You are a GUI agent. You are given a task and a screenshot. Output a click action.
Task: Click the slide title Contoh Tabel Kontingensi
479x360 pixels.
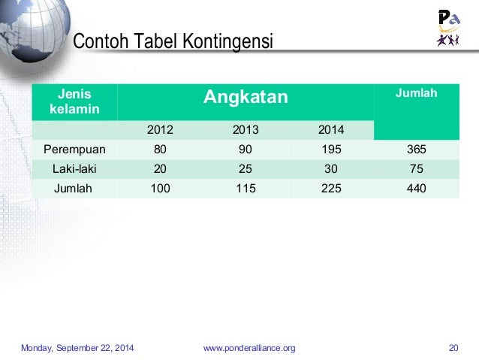point(172,41)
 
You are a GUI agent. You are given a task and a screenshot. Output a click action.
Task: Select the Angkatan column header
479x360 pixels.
point(247,97)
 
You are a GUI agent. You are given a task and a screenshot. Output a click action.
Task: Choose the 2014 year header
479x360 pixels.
point(330,130)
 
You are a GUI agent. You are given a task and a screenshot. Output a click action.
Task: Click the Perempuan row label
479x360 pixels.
point(74,149)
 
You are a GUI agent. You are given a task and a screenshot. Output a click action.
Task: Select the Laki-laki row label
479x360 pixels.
point(74,169)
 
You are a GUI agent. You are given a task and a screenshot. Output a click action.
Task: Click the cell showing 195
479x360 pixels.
point(330,149)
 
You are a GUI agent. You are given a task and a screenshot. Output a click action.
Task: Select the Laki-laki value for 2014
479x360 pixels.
point(330,169)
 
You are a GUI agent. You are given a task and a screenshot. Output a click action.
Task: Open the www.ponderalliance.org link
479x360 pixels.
point(249,347)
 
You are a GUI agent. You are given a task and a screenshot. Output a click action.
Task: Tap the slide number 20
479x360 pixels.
point(453,347)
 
